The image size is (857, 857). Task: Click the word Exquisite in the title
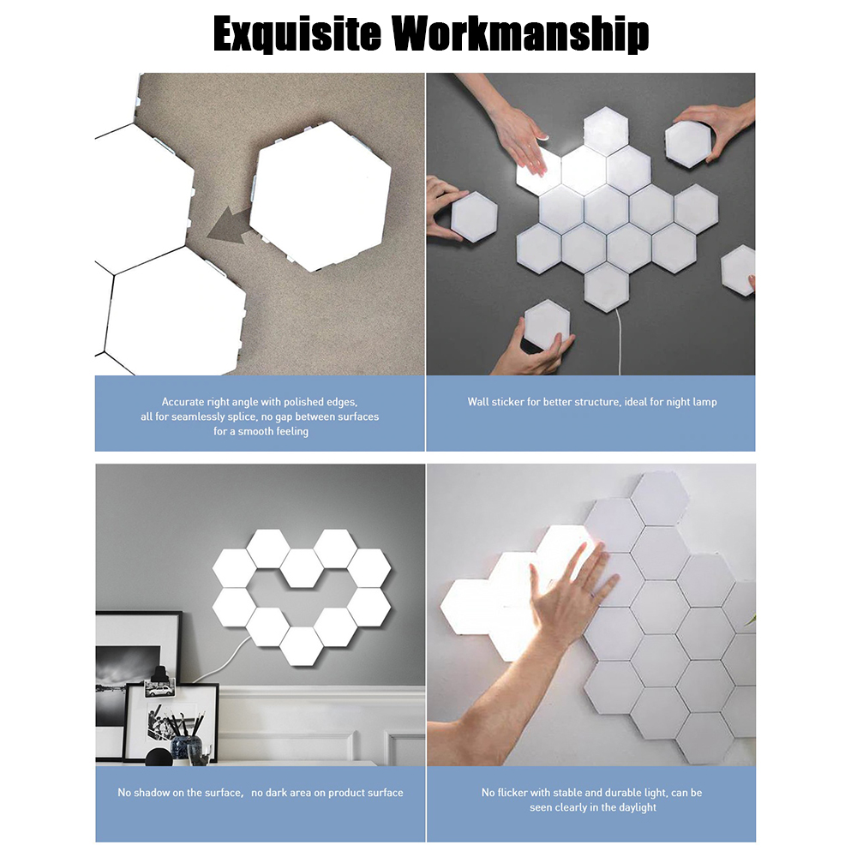297,34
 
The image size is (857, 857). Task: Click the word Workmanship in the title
521,34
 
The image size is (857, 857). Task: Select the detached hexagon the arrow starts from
321,196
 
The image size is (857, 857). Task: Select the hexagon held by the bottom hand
547,324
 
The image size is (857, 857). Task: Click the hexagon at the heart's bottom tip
302,646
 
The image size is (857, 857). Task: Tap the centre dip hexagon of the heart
302,568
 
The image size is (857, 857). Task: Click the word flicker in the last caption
513,793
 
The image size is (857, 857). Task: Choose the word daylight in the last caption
634,807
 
